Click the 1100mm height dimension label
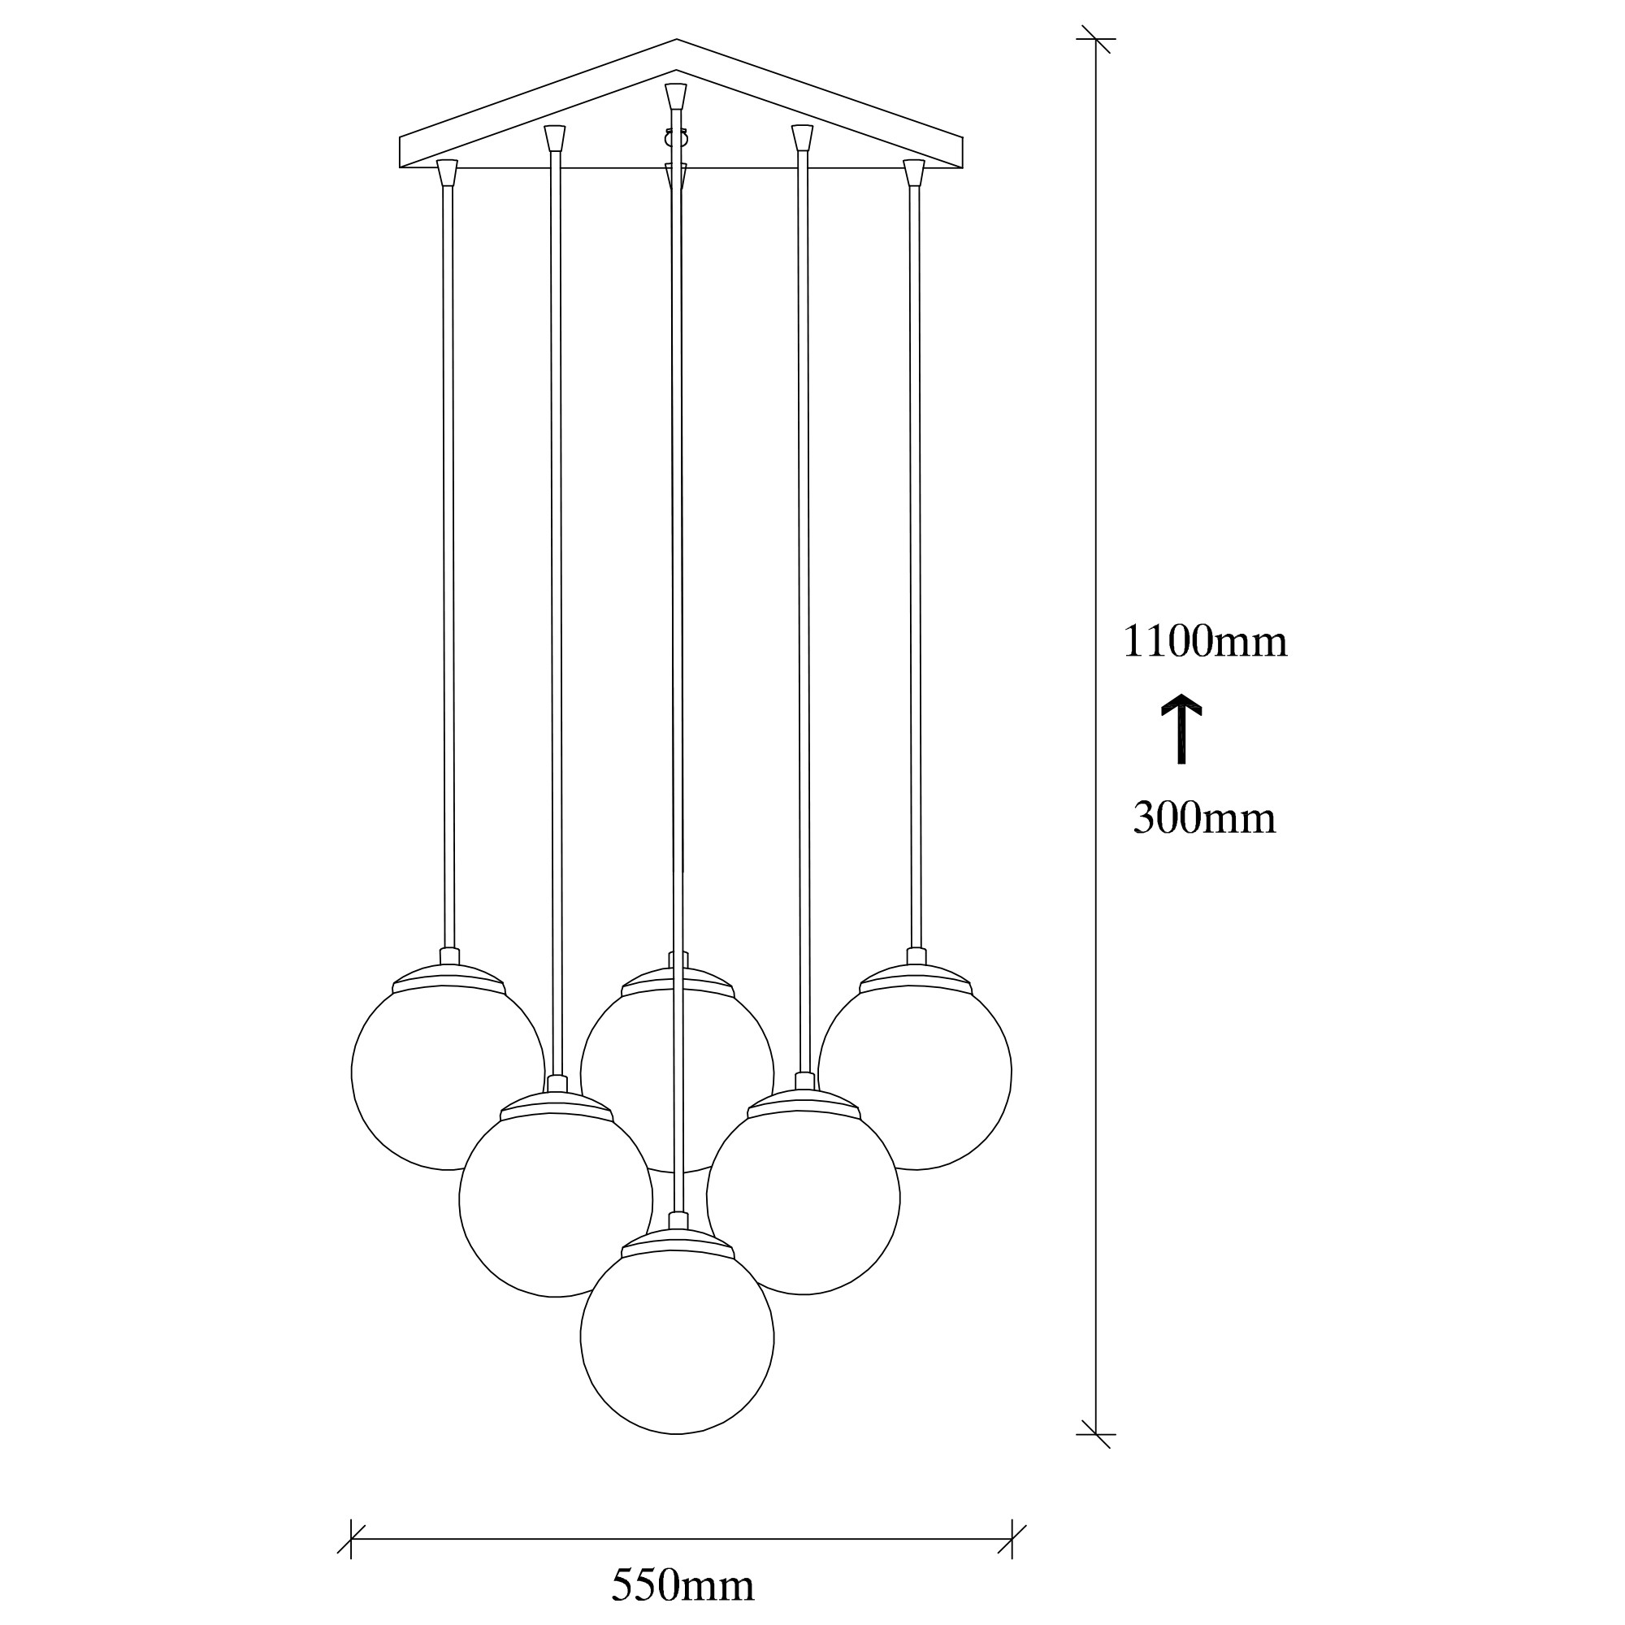click(x=1204, y=642)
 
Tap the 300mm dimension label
click(x=1203, y=818)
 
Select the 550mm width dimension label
click(x=682, y=1586)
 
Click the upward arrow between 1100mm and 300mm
click(x=1181, y=728)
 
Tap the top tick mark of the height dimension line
click(x=1096, y=39)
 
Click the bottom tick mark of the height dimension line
click(x=1096, y=1435)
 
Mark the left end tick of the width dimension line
click(x=351, y=1540)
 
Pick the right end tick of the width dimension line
click(x=1012, y=1540)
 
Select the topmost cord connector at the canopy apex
click(x=676, y=95)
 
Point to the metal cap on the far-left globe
click(x=449, y=976)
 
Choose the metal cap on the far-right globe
click(x=916, y=976)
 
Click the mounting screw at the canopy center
click(x=677, y=137)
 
